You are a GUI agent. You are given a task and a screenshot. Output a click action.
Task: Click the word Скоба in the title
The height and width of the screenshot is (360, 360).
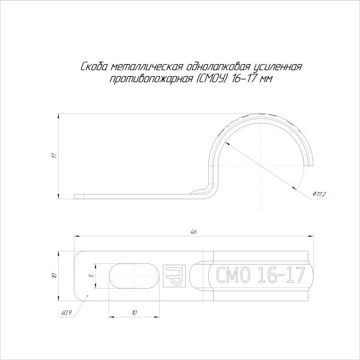point(94,67)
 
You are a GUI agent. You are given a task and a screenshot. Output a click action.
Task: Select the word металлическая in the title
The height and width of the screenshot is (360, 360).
point(147,67)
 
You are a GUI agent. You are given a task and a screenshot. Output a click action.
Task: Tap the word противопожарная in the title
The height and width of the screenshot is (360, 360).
point(152,79)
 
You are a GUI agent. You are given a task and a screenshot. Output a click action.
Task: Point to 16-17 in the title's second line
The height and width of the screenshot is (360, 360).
point(244,79)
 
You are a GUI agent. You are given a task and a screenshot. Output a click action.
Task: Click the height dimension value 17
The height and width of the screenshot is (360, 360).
point(54,155)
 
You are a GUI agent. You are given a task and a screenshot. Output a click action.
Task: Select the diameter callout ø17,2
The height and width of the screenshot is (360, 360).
point(319,194)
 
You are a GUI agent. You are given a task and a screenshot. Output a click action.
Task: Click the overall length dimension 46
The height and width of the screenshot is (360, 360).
point(194,232)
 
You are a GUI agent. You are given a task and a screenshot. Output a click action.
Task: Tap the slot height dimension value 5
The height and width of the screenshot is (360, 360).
point(92,275)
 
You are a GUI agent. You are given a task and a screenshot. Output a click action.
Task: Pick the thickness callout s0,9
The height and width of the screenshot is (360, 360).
point(67,313)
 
